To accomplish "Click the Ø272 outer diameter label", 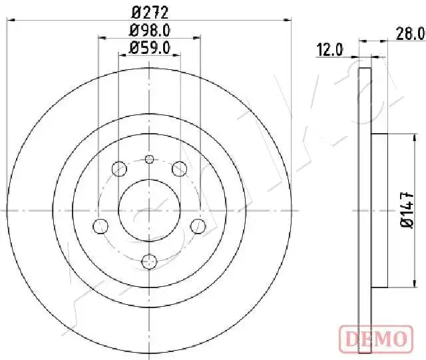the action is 150,13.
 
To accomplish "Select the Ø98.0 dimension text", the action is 150,31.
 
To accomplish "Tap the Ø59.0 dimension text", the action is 150,48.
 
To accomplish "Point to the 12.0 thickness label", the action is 330,51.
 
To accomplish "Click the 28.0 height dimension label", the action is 411,34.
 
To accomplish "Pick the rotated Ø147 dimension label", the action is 407,210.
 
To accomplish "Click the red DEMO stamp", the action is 376,339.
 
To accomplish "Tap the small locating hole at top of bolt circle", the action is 149,159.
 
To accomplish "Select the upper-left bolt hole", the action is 119,168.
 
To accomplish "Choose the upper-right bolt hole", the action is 180,168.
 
